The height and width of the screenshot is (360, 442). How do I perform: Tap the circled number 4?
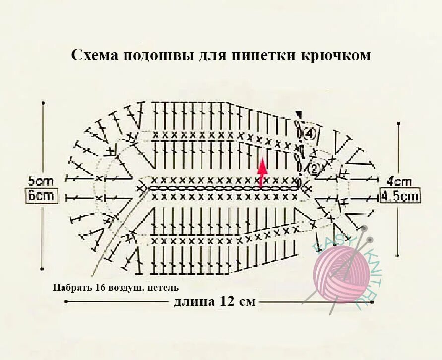pyautogui.click(x=309, y=133)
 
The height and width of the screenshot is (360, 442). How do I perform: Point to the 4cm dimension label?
pyautogui.click(x=399, y=181)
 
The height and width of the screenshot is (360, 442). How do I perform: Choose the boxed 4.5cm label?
pyautogui.click(x=399, y=196)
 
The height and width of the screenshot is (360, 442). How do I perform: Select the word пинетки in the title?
pyautogui.click(x=263, y=55)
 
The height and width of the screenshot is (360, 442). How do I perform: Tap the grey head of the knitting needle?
pyautogui.click(x=365, y=229)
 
